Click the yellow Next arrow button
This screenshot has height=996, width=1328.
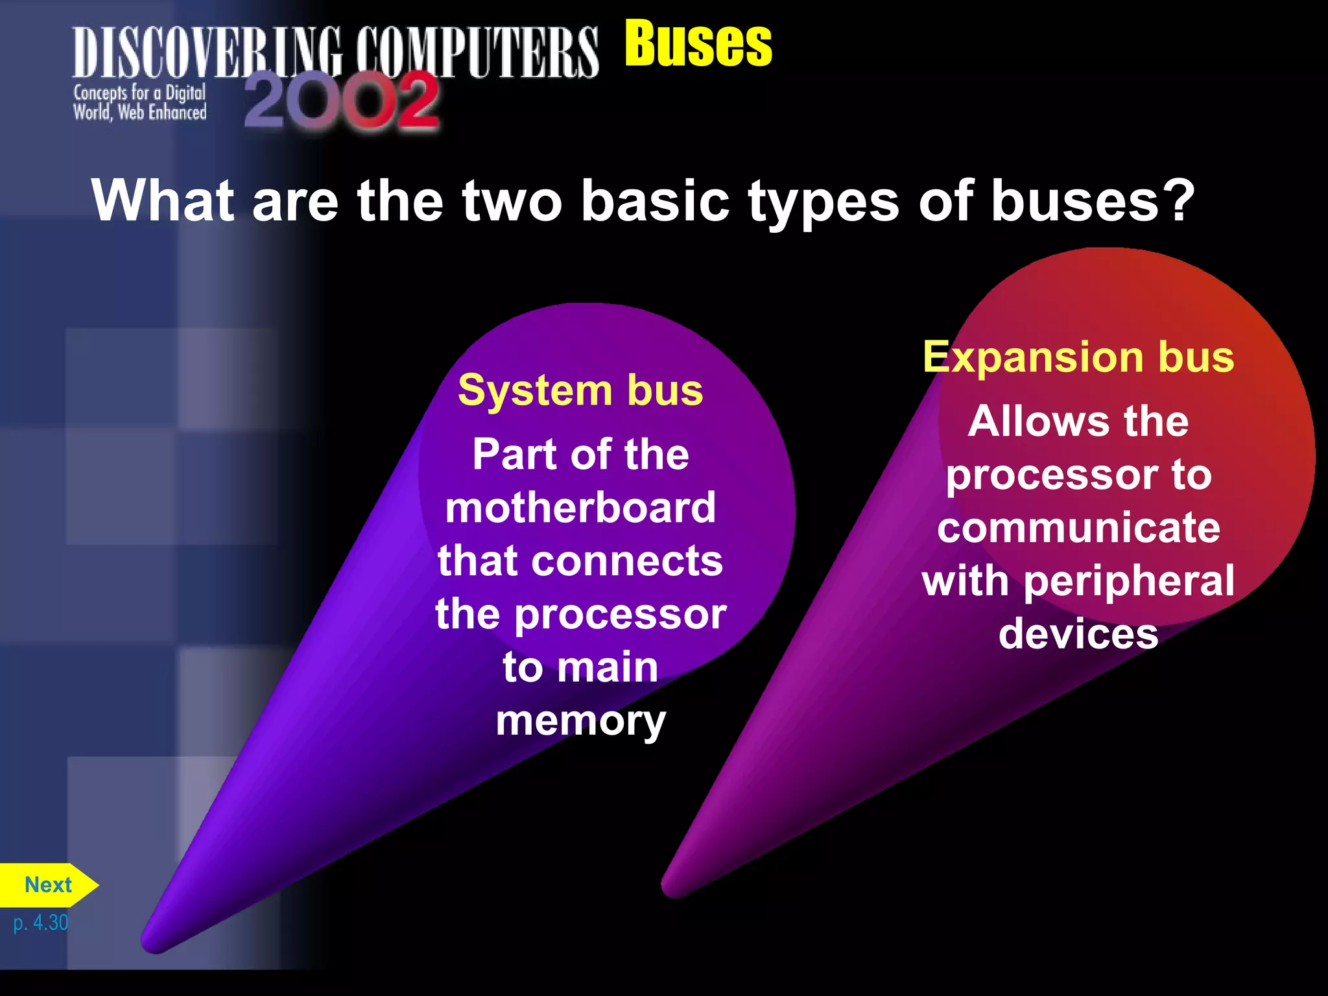[48, 885]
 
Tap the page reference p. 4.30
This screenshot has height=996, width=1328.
[40, 923]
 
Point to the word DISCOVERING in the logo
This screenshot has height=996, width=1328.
[206, 53]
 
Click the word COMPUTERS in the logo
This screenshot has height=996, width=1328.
[477, 53]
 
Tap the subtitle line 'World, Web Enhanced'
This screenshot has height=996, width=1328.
[139, 113]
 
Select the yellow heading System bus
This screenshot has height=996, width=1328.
[580, 390]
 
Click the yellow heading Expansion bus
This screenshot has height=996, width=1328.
[1078, 357]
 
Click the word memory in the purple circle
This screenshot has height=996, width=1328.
[580, 720]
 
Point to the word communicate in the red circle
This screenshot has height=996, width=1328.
[1078, 527]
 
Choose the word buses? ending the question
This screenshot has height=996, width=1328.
[1092, 200]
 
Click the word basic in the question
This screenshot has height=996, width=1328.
[655, 200]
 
